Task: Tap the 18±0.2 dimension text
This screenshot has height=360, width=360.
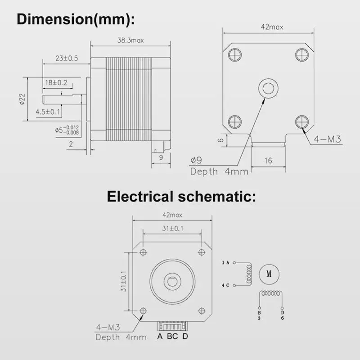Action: tap(56, 83)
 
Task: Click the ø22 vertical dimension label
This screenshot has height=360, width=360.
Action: tap(22, 99)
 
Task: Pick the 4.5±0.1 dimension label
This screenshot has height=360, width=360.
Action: tap(48, 112)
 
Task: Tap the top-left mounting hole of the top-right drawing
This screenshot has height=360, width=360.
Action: tap(235, 55)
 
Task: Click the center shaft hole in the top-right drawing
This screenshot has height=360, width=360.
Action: tap(269, 87)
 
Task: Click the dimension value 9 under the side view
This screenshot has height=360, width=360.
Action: tap(160, 157)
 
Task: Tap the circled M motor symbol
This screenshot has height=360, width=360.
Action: tap(270, 273)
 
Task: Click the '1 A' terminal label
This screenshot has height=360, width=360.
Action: tap(225, 262)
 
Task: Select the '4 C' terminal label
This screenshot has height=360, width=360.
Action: tap(225, 285)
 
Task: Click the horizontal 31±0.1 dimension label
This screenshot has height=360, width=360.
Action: tap(171, 229)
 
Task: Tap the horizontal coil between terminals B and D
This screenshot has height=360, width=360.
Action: tap(270, 293)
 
